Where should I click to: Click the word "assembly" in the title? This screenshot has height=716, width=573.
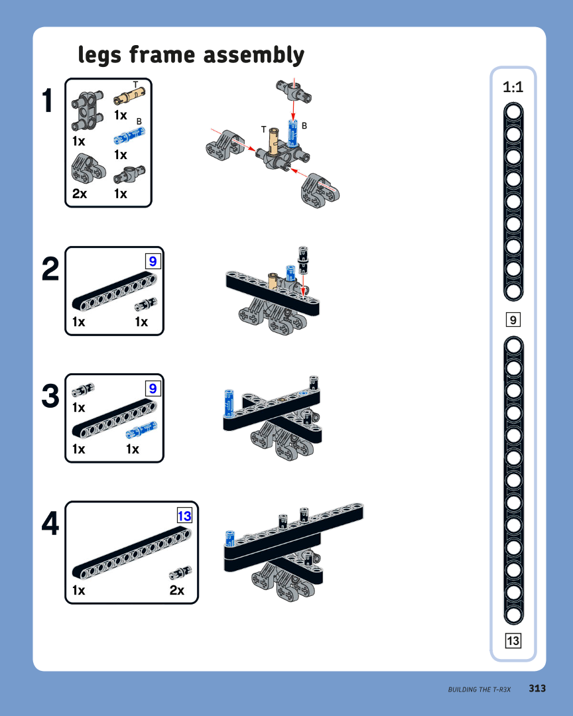tap(253, 56)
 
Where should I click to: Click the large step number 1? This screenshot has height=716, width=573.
tap(48, 101)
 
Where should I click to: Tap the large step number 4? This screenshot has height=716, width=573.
tap(50, 523)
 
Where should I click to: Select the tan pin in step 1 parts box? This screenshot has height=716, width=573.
tap(129, 95)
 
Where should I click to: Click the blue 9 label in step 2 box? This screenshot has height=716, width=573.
tap(153, 261)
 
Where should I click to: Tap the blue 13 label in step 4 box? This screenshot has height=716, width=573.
tap(184, 516)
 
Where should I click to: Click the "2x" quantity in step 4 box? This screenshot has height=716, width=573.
tap(177, 591)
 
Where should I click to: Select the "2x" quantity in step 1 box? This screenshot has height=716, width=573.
tap(80, 194)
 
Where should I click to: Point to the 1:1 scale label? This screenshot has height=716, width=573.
tap(513, 87)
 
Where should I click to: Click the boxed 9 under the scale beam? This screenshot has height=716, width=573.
tap(513, 320)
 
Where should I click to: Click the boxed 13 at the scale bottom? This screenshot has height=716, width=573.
tap(513, 640)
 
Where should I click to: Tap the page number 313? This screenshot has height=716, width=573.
tap(537, 688)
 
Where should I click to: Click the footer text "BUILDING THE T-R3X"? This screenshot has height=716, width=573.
tap(479, 689)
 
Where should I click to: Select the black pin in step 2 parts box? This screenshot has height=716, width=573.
tap(146, 304)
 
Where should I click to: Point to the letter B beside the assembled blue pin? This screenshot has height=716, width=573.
tap(304, 125)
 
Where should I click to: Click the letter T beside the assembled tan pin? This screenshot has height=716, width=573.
tap(263, 130)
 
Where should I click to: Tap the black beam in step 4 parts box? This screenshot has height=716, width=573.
tap(131, 553)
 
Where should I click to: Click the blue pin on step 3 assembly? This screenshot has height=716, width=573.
tap(229, 403)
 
